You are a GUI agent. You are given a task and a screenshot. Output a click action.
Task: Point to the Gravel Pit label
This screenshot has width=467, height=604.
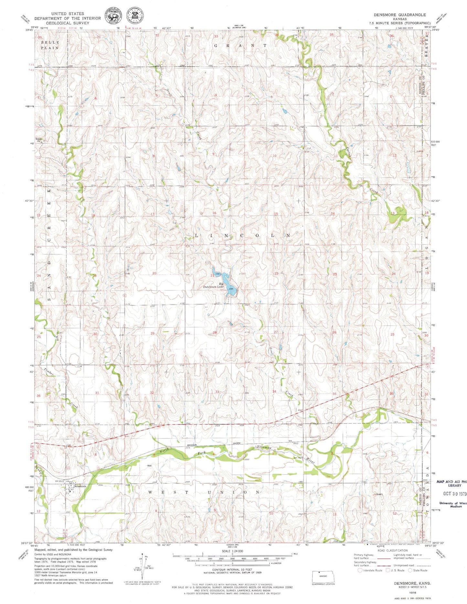click(39, 140)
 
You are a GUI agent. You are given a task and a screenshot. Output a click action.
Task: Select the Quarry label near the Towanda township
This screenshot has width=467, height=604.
click(379, 494)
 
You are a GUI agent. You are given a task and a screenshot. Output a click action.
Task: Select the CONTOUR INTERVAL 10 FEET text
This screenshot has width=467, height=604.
click(232, 570)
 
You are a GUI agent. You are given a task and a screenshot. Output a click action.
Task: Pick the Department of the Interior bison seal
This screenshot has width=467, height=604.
click(111, 16)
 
